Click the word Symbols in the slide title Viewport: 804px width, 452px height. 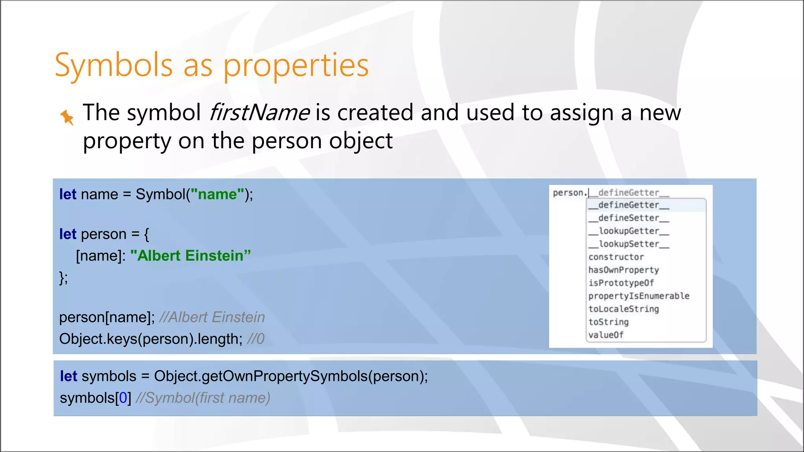click(x=114, y=65)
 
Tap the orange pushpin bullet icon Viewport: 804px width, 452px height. click(x=67, y=117)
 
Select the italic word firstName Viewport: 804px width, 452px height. click(x=259, y=113)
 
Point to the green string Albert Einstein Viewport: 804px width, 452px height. click(x=190, y=255)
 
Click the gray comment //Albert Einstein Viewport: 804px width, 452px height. click(x=212, y=317)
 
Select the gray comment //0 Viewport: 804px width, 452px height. click(x=256, y=339)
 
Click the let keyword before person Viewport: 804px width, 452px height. click(x=68, y=234)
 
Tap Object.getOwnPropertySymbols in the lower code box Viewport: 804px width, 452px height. click(x=261, y=376)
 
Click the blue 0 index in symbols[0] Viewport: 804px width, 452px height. click(x=123, y=398)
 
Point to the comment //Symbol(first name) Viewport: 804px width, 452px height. click(x=203, y=398)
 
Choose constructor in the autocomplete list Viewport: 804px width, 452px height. click(x=616, y=257)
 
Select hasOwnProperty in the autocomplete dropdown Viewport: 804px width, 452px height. click(x=623, y=270)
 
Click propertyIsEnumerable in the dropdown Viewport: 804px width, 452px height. click(x=639, y=296)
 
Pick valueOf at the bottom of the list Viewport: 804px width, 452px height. click(x=606, y=335)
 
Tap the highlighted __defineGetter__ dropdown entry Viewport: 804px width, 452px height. click(x=629, y=205)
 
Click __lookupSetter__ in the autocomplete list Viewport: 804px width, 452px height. click(x=629, y=244)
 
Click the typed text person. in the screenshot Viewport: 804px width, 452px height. click(x=569, y=193)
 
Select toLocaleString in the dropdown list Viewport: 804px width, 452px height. click(x=623, y=309)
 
